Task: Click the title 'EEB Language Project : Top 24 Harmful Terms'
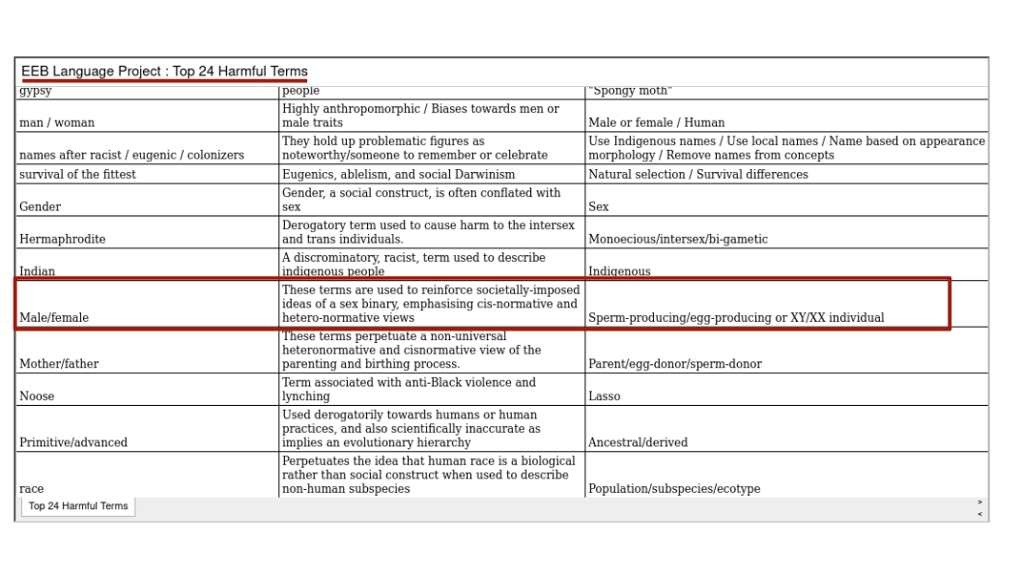[x=164, y=72]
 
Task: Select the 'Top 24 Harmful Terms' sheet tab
[x=78, y=506]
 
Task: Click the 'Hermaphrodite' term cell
[x=63, y=239]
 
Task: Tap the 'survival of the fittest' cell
[x=78, y=175]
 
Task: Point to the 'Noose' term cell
[x=38, y=396]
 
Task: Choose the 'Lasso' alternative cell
[x=605, y=396]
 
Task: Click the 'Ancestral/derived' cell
[x=639, y=443]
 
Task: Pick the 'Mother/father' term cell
[x=59, y=364]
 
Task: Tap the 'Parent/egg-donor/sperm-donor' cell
[x=675, y=364]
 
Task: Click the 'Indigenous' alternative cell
[x=619, y=272]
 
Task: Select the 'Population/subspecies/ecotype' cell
[x=674, y=489]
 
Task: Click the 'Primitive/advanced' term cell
[x=73, y=443]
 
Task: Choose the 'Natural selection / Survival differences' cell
[x=698, y=175]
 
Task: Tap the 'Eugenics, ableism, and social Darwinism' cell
[x=399, y=175]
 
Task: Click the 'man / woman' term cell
[x=57, y=123]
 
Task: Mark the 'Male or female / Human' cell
[x=657, y=123]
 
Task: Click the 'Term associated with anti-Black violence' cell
[x=409, y=389]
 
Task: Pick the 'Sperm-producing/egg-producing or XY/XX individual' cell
[x=736, y=317]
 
